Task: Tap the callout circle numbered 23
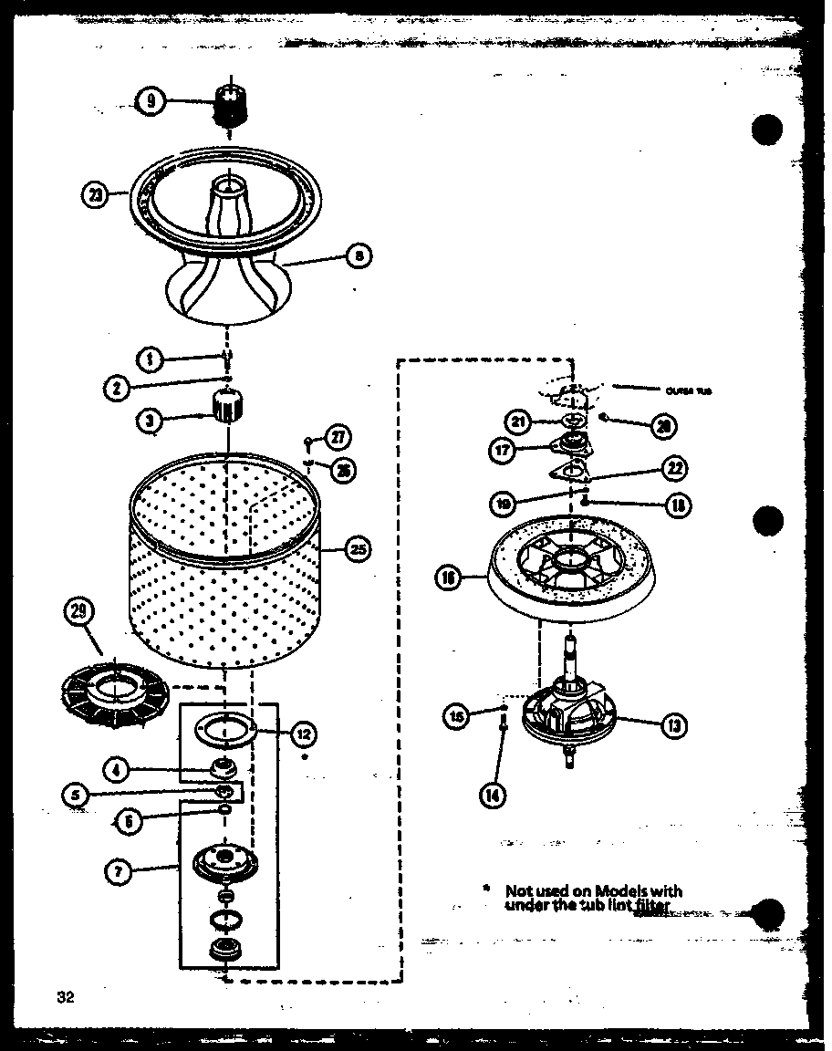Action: pyautogui.click(x=95, y=193)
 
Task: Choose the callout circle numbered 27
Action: pyautogui.click(x=338, y=437)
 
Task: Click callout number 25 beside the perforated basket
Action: pyautogui.click(x=359, y=549)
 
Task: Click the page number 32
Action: pyautogui.click(x=63, y=997)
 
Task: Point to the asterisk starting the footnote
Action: pyautogui.click(x=486, y=888)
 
